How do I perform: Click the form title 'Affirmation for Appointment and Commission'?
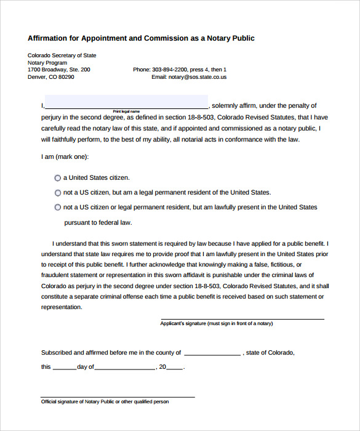(x=141, y=38)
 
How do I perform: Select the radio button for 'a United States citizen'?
(x=58, y=178)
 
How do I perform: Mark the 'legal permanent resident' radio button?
(x=58, y=193)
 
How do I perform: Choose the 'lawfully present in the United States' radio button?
(x=58, y=207)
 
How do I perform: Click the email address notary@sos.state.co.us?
(x=189, y=77)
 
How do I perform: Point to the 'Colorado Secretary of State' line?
(x=62, y=55)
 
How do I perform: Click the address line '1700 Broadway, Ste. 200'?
(x=58, y=70)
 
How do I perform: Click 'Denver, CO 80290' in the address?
(x=50, y=77)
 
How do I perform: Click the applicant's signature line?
(x=242, y=318)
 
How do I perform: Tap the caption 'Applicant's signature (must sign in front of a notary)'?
(x=216, y=323)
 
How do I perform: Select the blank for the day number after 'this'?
(x=64, y=368)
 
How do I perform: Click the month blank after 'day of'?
(x=125, y=368)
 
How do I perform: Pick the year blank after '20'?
(x=175, y=368)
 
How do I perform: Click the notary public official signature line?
(x=118, y=397)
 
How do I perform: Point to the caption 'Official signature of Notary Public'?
(x=105, y=401)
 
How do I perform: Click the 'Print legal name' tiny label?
(x=126, y=111)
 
